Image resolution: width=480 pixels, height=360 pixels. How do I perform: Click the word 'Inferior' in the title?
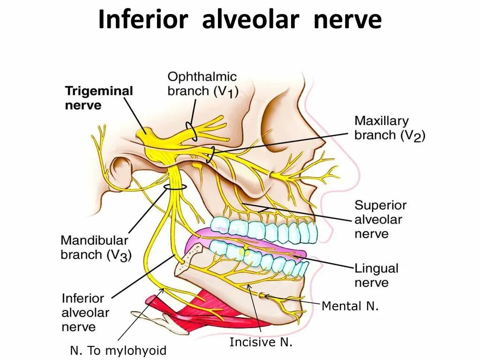click(x=143, y=20)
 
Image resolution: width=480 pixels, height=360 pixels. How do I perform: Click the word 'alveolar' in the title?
click(x=250, y=20)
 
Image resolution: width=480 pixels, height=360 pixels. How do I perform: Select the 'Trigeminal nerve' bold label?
click(x=99, y=97)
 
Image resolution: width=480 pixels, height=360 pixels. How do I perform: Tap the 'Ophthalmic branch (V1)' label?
click(x=202, y=83)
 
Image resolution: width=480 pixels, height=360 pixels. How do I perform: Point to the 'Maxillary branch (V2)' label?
click(x=389, y=128)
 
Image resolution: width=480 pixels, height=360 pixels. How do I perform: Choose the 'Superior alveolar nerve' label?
click(x=380, y=219)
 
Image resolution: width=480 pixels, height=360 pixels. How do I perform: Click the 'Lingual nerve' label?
click(x=376, y=275)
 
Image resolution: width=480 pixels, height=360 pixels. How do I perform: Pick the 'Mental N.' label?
click(x=350, y=307)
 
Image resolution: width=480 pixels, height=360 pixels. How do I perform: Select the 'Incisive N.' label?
click(x=261, y=342)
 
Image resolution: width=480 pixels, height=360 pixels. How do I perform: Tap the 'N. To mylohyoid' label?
click(x=118, y=350)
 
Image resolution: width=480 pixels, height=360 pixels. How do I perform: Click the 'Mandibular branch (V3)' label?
click(x=96, y=248)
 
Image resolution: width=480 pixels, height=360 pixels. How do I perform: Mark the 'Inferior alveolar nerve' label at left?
click(x=85, y=312)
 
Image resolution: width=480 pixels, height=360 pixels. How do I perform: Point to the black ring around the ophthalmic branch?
click(x=191, y=132)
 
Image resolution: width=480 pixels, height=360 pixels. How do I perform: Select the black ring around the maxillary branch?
click(x=210, y=154)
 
